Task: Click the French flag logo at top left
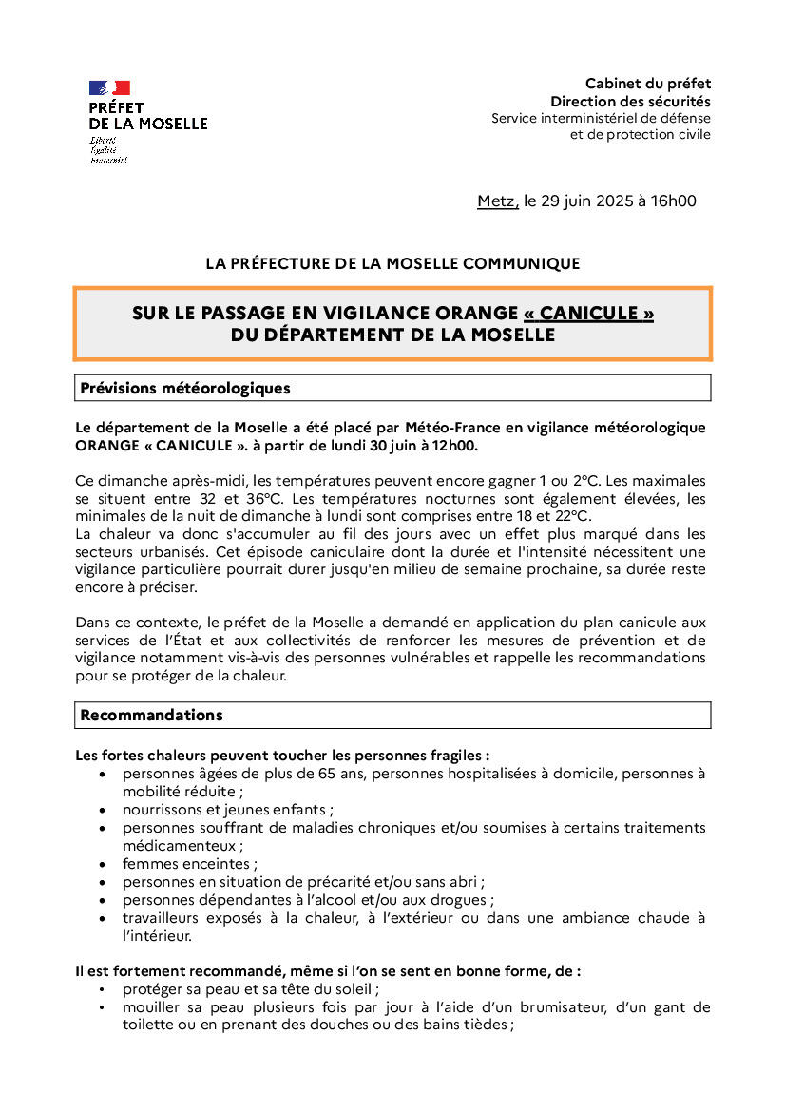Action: (x=109, y=87)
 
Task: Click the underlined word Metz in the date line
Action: (x=497, y=201)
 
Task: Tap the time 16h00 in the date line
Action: (x=676, y=201)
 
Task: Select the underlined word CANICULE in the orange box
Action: (x=588, y=314)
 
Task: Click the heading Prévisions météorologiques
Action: (x=185, y=388)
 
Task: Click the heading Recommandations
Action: (x=151, y=715)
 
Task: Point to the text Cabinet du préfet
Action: (x=647, y=84)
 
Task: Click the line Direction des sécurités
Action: (x=630, y=101)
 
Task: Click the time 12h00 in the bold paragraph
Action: (x=456, y=445)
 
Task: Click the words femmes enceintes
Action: (x=187, y=864)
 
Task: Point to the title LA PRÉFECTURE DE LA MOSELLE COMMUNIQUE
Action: (x=392, y=263)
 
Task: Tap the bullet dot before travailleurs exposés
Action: (x=103, y=918)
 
